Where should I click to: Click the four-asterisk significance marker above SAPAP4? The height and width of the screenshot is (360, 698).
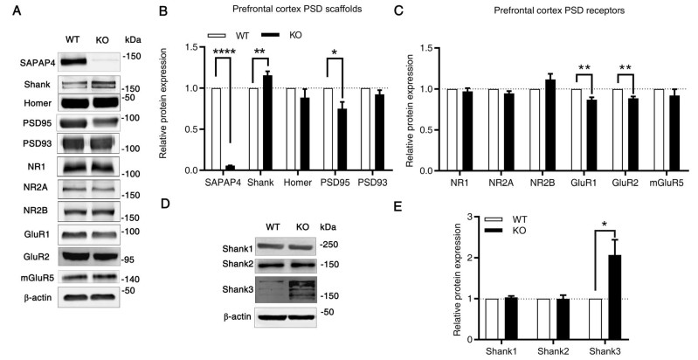click(x=222, y=52)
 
